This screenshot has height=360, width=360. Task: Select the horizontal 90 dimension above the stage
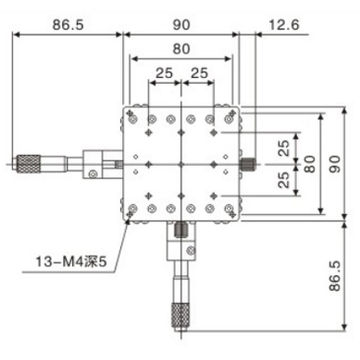180,23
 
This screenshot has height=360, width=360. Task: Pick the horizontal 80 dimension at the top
180,47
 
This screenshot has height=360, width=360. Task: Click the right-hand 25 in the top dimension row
199,72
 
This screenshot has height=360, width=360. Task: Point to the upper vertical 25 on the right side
284,147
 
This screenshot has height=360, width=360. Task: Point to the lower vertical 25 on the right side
284,180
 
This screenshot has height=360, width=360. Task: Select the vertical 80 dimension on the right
309,164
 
